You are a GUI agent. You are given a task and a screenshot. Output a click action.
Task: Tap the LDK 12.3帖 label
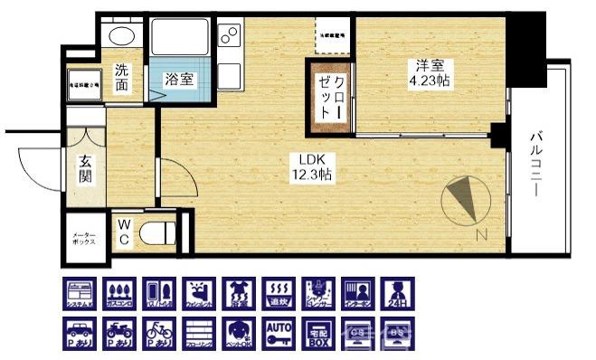pyautogui.click(x=312, y=167)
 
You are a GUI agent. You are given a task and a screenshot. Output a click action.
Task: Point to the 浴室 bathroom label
pyautogui.click(x=178, y=80)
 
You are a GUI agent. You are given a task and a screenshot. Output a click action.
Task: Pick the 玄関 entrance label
pyautogui.click(x=85, y=168)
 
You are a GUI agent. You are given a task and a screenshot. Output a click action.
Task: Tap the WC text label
pyautogui.click(x=124, y=232)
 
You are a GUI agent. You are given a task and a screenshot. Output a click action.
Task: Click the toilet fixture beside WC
pyautogui.click(x=161, y=232)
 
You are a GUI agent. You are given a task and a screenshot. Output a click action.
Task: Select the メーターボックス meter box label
pyautogui.click(x=85, y=240)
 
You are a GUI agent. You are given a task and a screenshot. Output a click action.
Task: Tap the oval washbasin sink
pyautogui.click(x=120, y=36)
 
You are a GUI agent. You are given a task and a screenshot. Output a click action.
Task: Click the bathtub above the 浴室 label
pyautogui.click(x=179, y=36)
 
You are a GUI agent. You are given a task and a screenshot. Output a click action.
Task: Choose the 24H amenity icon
pyautogui.click(x=396, y=294)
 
